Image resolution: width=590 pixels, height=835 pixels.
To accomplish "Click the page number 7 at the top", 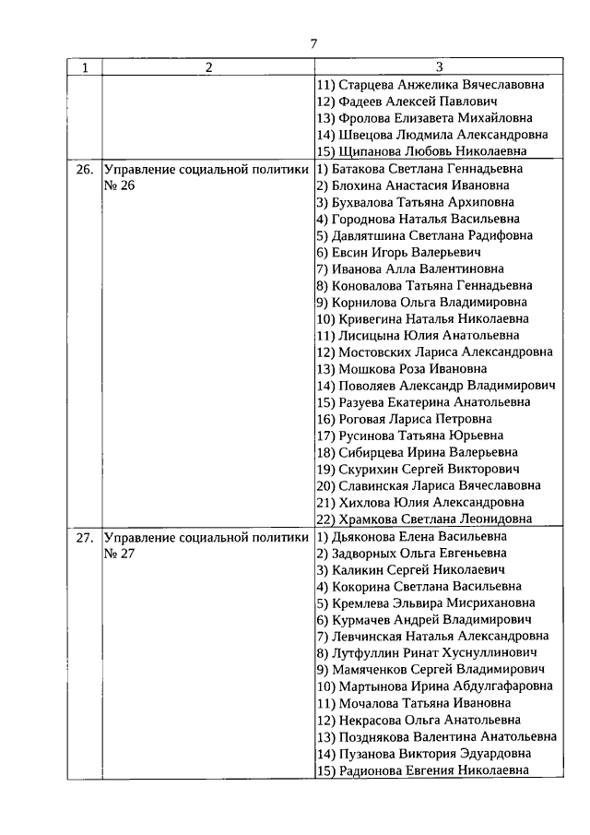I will tap(313, 42).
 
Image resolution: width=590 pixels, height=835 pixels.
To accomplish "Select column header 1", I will tap(85, 67).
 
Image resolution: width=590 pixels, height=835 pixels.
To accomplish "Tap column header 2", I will tap(207, 67).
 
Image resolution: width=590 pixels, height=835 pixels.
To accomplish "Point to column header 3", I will tap(438, 67).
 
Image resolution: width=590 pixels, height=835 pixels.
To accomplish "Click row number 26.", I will tap(85, 170).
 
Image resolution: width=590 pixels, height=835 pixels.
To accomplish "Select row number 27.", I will tap(85, 537).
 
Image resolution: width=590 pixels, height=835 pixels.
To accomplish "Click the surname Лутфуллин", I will tap(358, 652).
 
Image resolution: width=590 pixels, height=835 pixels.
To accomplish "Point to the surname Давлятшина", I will tap(360, 235).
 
